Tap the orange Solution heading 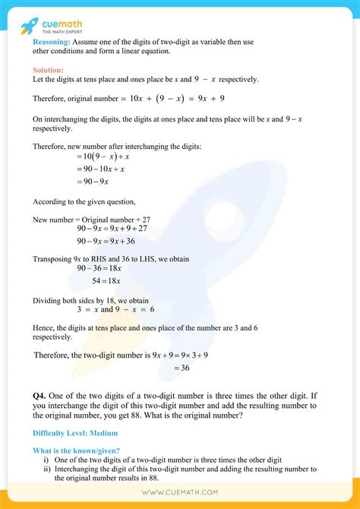click(x=49, y=70)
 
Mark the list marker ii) click(x=47, y=471)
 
